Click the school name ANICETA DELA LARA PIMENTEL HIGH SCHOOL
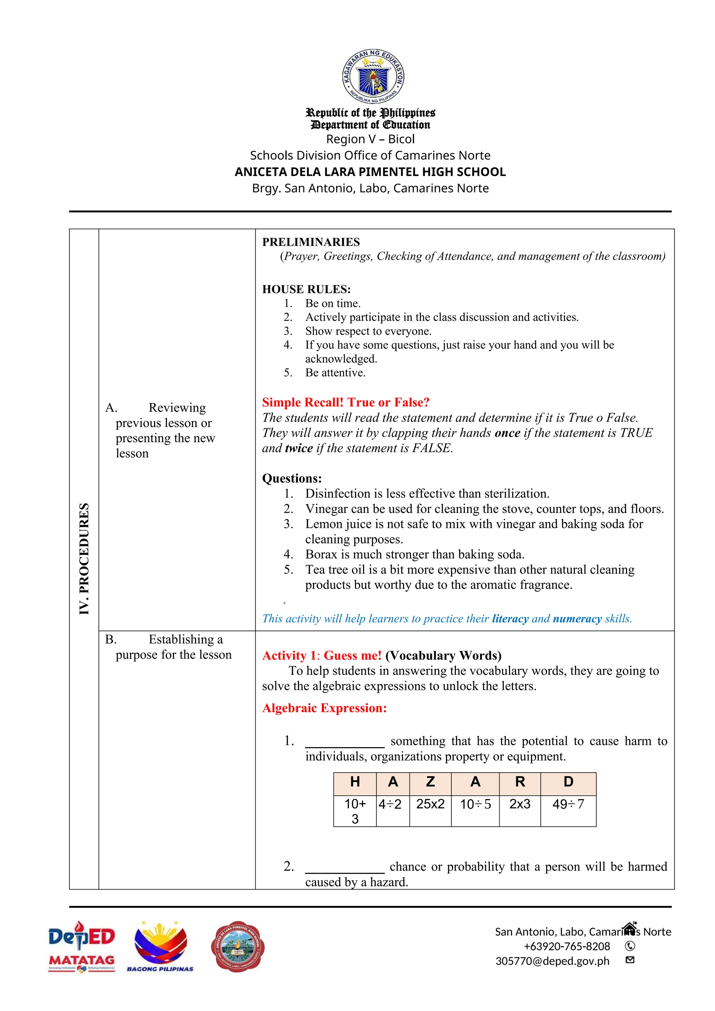[x=370, y=172]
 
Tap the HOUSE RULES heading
[x=307, y=289]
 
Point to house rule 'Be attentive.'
[x=335, y=372]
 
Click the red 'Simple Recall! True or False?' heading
[x=346, y=402]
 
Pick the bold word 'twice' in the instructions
[x=299, y=448]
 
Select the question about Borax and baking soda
[x=414, y=554]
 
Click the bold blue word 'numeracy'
[x=577, y=619]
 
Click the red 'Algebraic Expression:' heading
[x=324, y=708]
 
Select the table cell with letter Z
[x=430, y=782]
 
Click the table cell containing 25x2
[x=430, y=804]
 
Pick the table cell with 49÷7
[x=568, y=804]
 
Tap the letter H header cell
[x=355, y=782]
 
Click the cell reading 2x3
[x=519, y=804]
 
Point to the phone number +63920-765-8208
[x=567, y=946]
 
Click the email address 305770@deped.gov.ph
[x=552, y=961]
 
